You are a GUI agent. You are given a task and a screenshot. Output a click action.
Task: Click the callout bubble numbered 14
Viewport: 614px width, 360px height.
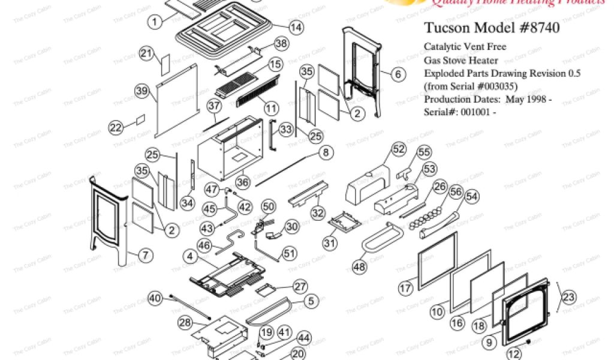pos(295,28)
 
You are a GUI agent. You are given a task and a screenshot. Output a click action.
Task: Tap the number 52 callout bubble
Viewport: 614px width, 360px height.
pos(398,148)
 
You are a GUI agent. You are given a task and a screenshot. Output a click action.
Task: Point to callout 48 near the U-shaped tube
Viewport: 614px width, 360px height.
pos(360,266)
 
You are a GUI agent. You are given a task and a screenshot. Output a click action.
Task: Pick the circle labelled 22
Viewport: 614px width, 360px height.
pos(116,127)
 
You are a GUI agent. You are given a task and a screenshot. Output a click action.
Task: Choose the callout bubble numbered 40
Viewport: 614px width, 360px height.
pos(155,298)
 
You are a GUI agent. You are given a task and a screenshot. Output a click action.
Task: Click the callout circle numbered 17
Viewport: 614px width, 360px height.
pos(405,288)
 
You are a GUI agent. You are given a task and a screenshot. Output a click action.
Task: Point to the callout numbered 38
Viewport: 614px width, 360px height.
pos(282,43)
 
